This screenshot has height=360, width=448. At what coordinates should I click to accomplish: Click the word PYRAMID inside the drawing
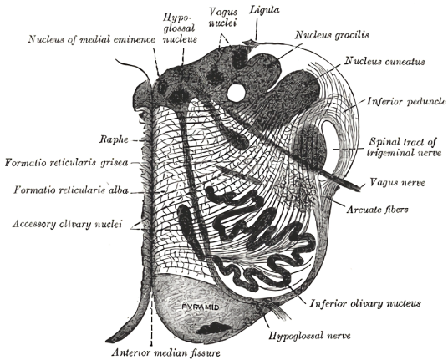[201, 307]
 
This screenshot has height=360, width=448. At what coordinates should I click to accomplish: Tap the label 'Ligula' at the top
[264, 10]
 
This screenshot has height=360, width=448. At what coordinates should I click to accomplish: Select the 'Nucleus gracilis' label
[332, 35]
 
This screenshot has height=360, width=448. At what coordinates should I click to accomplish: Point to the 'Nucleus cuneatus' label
[384, 61]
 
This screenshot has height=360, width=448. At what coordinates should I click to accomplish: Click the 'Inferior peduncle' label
[406, 101]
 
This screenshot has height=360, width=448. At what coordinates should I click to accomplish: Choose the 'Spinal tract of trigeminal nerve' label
[404, 147]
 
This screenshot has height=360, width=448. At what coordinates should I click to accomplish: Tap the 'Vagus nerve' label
[397, 182]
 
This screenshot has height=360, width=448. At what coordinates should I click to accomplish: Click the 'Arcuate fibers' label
[377, 210]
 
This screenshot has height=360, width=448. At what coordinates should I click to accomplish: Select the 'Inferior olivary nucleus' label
[365, 303]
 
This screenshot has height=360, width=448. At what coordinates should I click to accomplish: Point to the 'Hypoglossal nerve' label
[309, 336]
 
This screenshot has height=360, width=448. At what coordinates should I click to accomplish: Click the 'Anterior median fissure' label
[166, 352]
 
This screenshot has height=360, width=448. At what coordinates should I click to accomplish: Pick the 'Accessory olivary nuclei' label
[67, 224]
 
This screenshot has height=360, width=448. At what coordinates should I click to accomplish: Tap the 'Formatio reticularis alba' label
[71, 190]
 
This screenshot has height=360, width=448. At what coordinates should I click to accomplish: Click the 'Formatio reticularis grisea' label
[66, 163]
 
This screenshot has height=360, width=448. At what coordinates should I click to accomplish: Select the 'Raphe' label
[114, 139]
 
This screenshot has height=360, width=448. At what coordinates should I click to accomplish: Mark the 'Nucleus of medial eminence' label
[91, 39]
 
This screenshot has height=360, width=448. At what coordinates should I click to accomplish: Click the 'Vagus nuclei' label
[223, 18]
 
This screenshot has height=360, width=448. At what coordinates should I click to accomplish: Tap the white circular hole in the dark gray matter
[236, 92]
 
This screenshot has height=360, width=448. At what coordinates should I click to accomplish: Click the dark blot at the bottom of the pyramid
[213, 328]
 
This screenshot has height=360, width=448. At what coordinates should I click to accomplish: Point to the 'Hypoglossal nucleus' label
[180, 28]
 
